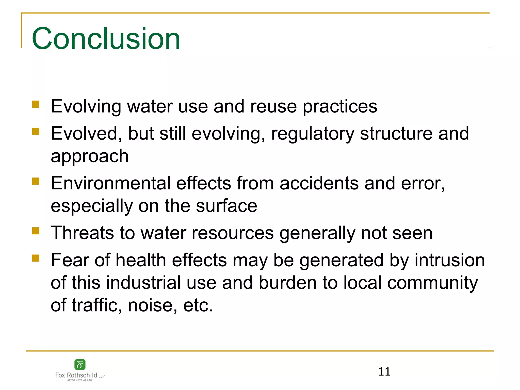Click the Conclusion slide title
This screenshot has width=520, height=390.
coord(106,39)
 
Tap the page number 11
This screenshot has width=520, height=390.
coord(384,372)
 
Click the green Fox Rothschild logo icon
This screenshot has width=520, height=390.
coord(80,365)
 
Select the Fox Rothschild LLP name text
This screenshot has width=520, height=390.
coord(80,375)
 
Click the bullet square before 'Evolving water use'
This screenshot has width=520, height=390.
coord(36,104)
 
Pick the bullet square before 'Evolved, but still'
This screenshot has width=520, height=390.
coord(36,132)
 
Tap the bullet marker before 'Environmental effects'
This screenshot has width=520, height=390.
coord(36,181)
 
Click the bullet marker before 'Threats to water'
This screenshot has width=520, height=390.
coord(36,231)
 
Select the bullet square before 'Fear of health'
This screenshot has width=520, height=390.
coord(36,258)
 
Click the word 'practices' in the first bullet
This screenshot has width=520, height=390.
coord(340,107)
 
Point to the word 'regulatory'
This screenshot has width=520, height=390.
coord(313,134)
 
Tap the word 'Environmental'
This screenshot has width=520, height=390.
coord(111,183)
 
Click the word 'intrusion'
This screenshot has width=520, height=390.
coord(450,261)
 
